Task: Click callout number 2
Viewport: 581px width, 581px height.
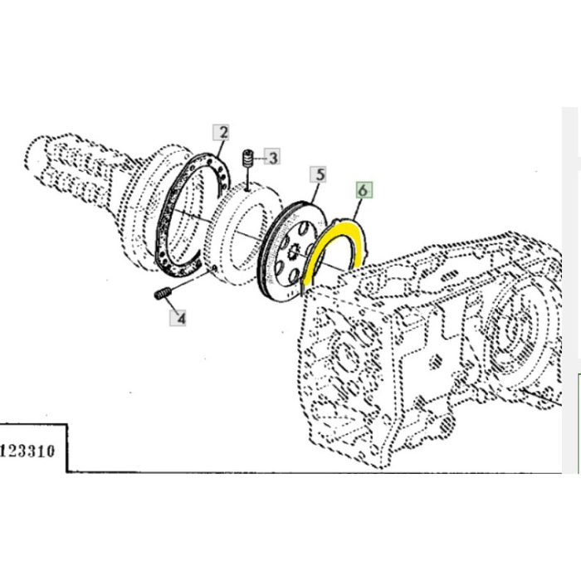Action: [222, 131]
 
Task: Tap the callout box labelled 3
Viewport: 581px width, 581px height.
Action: [273, 155]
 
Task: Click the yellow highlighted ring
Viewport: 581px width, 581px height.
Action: [310, 263]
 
